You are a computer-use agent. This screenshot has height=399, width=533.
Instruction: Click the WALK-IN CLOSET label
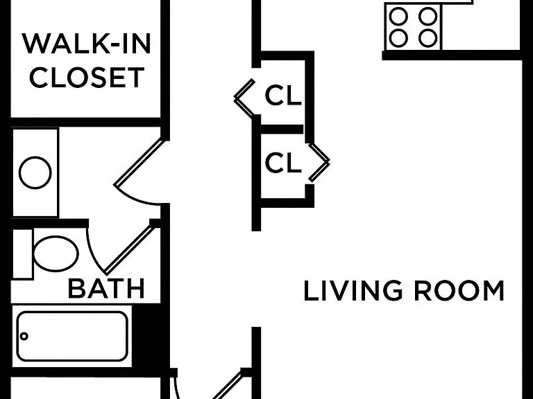point(87,60)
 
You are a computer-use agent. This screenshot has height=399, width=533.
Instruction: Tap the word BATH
point(107,289)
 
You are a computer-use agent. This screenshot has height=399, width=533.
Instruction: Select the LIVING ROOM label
point(404,291)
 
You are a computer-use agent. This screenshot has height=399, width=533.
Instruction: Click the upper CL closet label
point(283,96)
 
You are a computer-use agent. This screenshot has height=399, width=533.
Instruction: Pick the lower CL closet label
point(283,163)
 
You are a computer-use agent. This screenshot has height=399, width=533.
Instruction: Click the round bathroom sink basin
point(35,172)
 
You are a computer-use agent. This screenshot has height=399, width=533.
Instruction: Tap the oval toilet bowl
point(56,254)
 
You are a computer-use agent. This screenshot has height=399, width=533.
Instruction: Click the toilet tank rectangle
point(22,254)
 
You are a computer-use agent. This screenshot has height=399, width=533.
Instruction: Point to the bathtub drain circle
point(24,336)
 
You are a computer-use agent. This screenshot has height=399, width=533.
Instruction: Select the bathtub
point(72,336)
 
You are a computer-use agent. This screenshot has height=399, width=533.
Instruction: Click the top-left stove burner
point(398,17)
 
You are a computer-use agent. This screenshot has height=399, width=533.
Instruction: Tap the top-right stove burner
point(428,17)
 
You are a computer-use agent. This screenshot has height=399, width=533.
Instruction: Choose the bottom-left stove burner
point(398,38)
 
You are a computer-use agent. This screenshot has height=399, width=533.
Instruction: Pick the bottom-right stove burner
point(428,38)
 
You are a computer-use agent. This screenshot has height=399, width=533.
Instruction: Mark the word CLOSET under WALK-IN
point(87,78)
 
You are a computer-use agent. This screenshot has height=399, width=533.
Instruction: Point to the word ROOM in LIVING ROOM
point(459,291)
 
